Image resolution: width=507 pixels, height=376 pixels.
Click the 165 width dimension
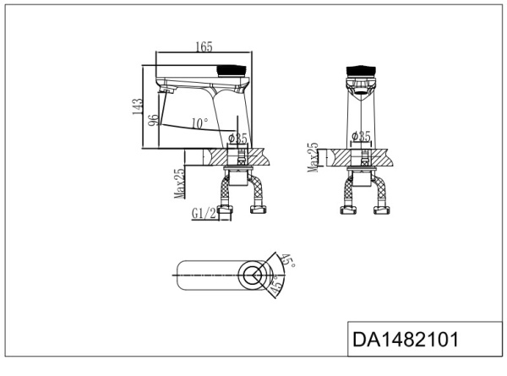pos(203,48)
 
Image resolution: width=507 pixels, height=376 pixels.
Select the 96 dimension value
pos(153,120)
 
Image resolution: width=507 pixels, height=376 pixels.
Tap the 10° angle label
pos(199,123)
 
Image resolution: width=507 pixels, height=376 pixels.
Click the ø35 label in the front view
pos(362,135)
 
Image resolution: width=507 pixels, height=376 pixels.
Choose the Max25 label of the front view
pos(313,157)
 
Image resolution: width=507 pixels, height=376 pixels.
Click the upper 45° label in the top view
pos(288,262)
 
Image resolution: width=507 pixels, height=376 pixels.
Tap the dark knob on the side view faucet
pos(233,68)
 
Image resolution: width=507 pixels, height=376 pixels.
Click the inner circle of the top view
pos(252,274)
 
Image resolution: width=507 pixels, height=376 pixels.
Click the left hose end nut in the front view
pos(345,208)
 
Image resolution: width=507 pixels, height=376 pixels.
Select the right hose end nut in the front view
pos(382,208)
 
